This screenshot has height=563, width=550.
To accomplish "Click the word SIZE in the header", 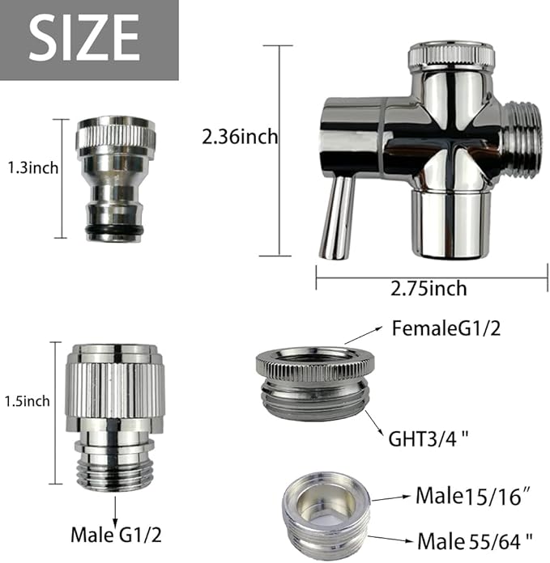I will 84,37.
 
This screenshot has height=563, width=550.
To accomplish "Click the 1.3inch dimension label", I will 33,169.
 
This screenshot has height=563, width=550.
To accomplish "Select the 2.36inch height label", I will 240,138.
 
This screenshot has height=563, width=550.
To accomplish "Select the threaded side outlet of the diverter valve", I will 518,138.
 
